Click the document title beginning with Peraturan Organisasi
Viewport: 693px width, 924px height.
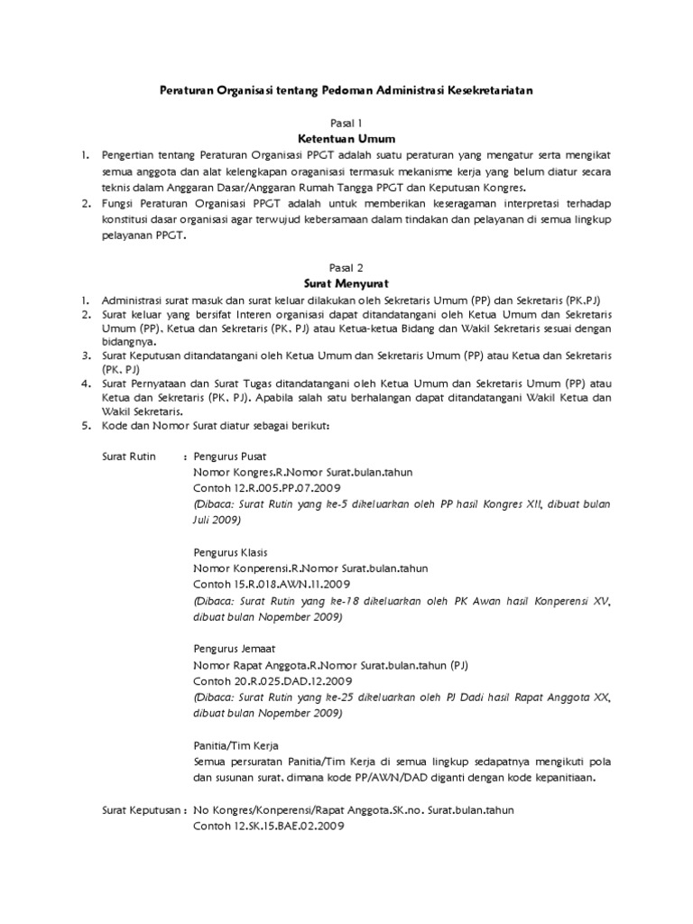346,90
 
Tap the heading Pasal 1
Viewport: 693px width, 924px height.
346,123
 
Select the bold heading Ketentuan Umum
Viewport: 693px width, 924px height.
346,140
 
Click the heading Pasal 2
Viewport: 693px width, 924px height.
346,268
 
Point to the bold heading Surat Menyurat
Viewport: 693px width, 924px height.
346,283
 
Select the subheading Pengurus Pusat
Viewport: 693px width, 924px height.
230,457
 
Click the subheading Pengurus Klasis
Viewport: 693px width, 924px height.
230,552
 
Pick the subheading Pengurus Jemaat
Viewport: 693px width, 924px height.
233,649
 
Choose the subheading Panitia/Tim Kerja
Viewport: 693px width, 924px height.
236,745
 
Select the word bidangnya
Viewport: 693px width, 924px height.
131,343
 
